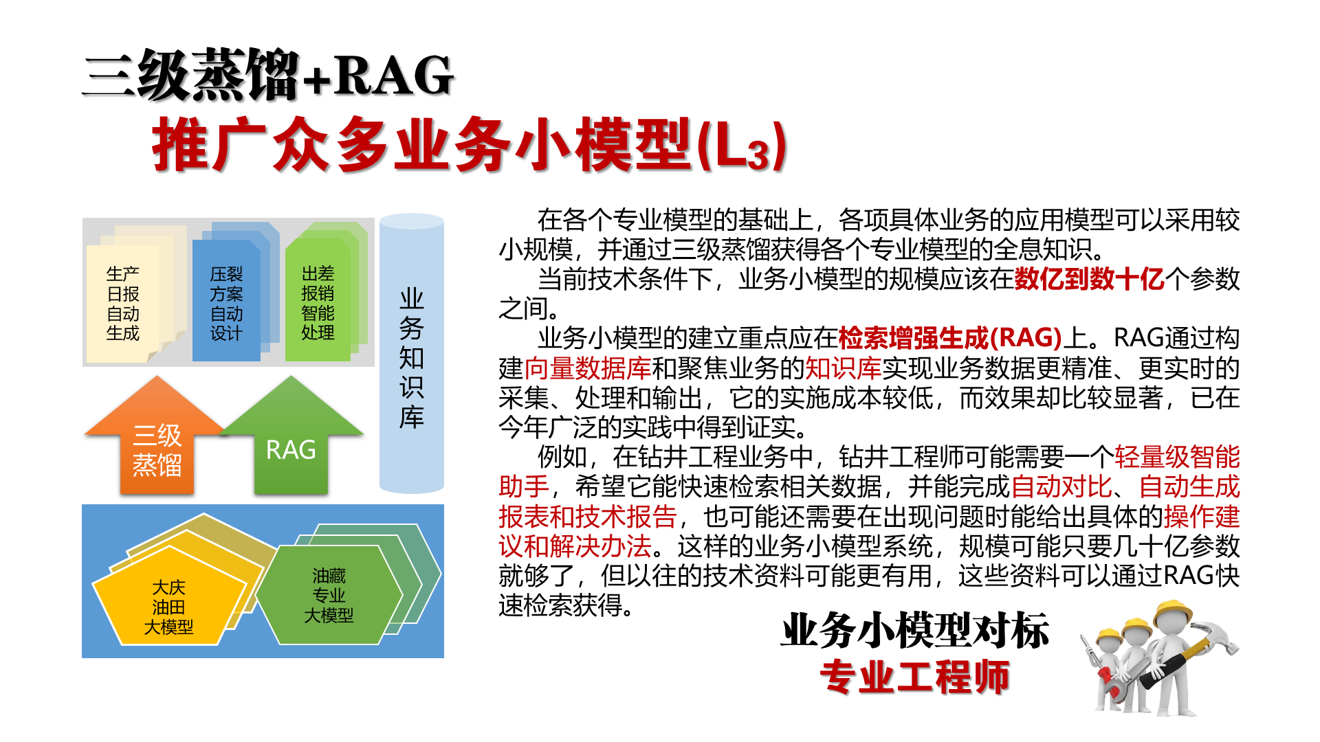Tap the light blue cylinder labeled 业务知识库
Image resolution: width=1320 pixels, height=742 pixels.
(411, 353)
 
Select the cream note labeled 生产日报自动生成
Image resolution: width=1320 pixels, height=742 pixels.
(124, 303)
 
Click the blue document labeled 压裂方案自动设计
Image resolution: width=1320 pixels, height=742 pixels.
(226, 303)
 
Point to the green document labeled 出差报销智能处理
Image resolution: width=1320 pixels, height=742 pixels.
(318, 303)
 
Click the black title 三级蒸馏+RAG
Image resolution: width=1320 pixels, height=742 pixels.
(268, 76)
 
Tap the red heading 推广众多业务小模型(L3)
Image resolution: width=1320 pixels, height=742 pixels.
(469, 144)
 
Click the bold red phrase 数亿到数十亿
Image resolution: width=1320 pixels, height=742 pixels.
(1090, 279)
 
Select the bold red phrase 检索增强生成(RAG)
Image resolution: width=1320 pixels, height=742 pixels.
(950, 338)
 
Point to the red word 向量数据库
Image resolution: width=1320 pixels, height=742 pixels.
(588, 368)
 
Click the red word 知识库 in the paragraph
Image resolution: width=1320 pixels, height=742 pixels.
(843, 368)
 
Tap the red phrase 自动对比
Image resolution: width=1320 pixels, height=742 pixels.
(1061, 486)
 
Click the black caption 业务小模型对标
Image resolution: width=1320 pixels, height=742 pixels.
(915, 631)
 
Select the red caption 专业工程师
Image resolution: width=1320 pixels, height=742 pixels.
(915, 677)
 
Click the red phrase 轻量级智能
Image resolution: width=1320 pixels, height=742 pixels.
(1177, 457)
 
